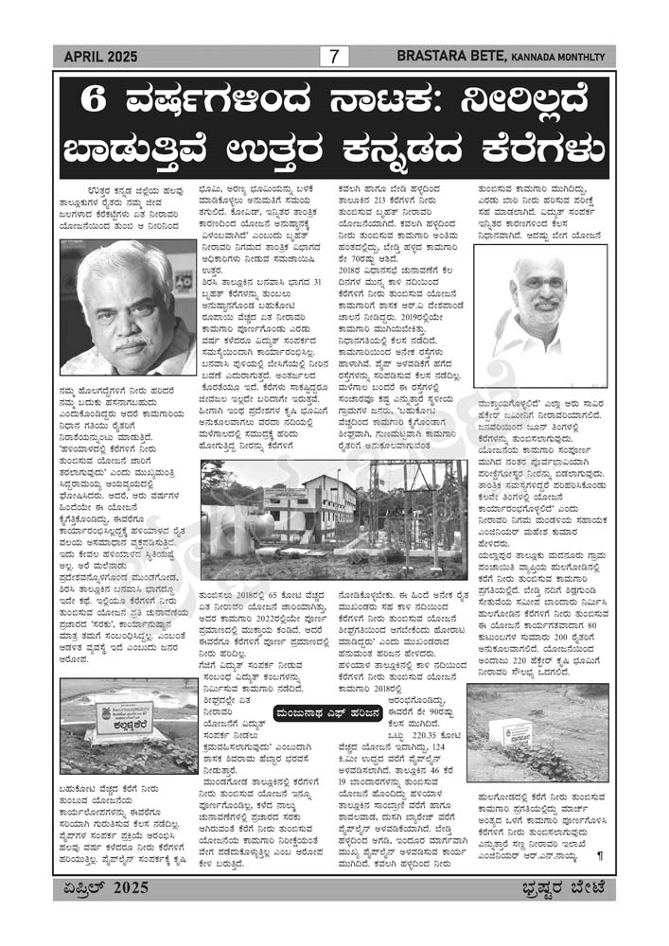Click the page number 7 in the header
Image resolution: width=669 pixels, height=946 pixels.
pyautogui.click(x=334, y=57)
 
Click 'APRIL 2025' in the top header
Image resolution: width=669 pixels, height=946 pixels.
pyautogui.click(x=100, y=57)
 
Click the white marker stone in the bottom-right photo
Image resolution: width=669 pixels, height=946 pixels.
pyautogui.click(x=517, y=731)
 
